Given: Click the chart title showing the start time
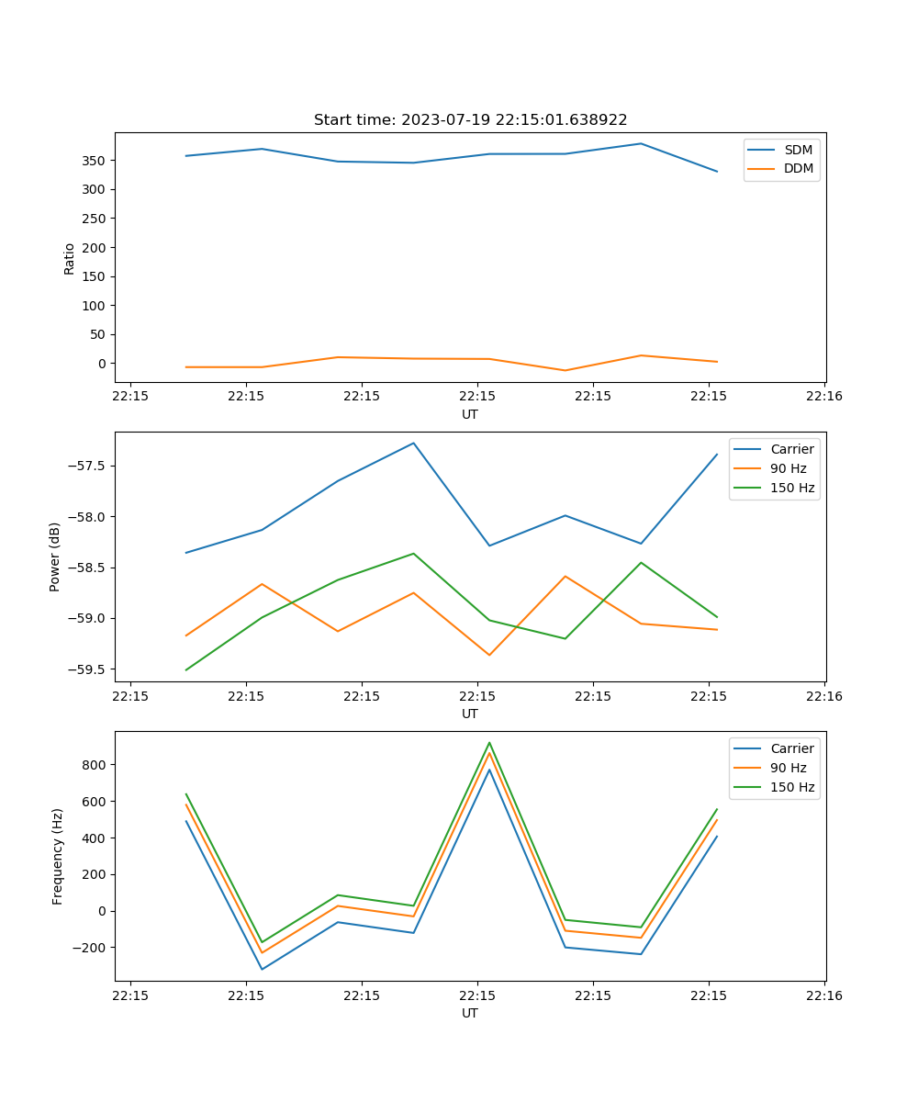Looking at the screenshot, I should [x=470, y=120].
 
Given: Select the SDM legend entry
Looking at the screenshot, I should [x=798, y=150].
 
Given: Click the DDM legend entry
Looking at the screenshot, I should [x=798, y=169].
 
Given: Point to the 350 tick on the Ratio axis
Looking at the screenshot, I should [x=95, y=161].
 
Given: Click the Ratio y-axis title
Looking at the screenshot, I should [x=70, y=258].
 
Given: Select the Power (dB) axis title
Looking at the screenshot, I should [x=55, y=557].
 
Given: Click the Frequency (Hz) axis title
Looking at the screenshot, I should [x=57, y=856].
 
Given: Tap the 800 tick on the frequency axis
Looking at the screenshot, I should [x=95, y=765].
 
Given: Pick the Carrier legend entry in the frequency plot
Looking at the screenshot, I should [x=791, y=748].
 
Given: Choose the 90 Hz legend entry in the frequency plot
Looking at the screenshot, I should [x=788, y=768].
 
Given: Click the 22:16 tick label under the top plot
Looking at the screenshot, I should [x=823, y=397].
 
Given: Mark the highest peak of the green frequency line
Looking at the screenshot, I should [x=489, y=743].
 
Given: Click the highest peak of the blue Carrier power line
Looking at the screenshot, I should [x=413, y=443].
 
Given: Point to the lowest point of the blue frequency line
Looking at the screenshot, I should [x=262, y=970].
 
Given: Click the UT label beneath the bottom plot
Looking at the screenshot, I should [x=470, y=1013].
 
